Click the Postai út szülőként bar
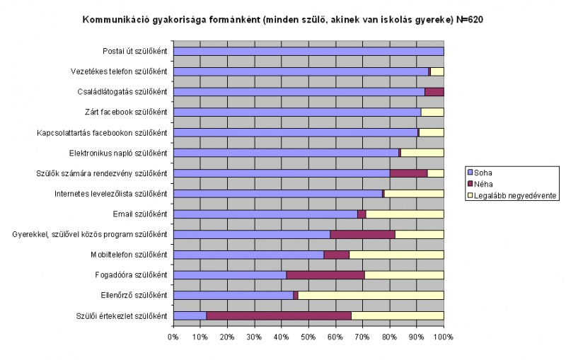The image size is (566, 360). click(x=308, y=51)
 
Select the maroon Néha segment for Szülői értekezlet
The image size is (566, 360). click(x=279, y=315)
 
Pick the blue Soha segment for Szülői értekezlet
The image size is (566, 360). click(x=190, y=315)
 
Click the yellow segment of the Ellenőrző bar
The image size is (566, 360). click(x=371, y=295)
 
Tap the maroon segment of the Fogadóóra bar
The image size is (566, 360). click(x=325, y=274)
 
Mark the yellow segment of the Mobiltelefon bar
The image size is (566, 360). click(x=396, y=255)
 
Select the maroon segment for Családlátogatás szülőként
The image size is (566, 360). click(x=434, y=92)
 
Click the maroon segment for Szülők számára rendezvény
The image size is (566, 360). click(x=408, y=173)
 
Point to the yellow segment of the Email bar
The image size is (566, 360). click(x=405, y=214)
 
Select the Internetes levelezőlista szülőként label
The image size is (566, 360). click(x=110, y=194)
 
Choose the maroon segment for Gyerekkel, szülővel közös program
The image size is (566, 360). click(x=362, y=234)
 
